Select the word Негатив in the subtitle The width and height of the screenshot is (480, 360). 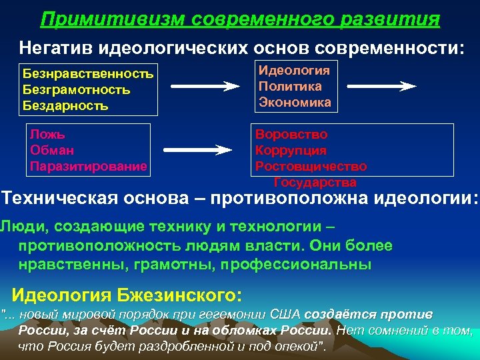[55, 47]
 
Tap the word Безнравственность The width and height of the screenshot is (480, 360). [88, 73]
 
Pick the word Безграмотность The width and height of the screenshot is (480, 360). [76, 89]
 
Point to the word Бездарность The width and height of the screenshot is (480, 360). [65, 105]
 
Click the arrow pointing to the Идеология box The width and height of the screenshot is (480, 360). [203, 86]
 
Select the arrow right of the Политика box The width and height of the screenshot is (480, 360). [382, 86]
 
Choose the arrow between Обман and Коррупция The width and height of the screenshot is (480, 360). [201, 149]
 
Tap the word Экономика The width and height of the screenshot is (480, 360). [294, 103]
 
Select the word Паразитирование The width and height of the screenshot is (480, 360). [88, 166]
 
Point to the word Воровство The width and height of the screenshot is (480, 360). [291, 134]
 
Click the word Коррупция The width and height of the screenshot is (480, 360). [291, 150]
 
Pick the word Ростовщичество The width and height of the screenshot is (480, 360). [311, 166]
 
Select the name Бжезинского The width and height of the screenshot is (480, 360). [179, 294]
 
